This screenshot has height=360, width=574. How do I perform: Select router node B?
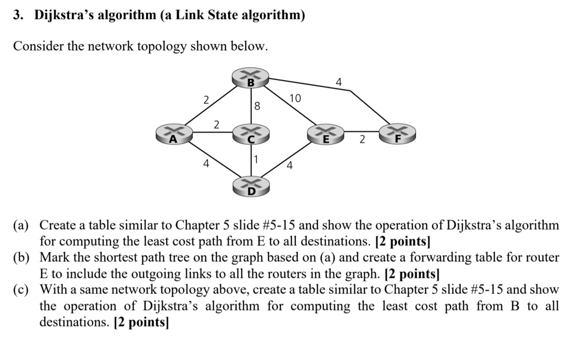251,79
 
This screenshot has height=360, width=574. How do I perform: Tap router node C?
251,134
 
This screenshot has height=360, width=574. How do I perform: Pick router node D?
251,187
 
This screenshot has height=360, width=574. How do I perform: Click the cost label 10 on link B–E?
295,99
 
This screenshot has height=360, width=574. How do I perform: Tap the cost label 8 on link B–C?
257,105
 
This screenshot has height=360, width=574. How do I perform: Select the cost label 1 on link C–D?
256,160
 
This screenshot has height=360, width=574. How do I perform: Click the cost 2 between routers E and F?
362,140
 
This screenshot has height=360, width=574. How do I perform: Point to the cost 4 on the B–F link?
339,82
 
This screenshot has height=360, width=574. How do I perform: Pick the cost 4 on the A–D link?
206,164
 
